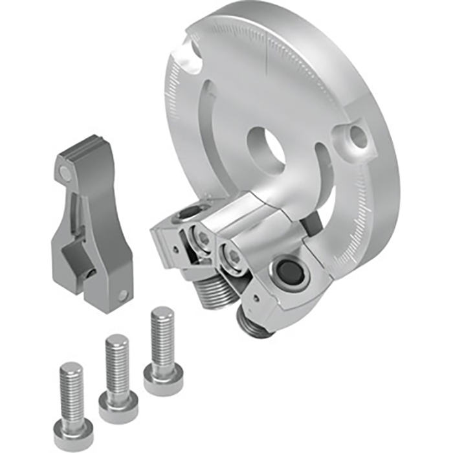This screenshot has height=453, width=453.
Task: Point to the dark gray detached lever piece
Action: [91, 220]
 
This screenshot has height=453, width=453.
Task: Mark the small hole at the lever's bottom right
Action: [123, 296]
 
